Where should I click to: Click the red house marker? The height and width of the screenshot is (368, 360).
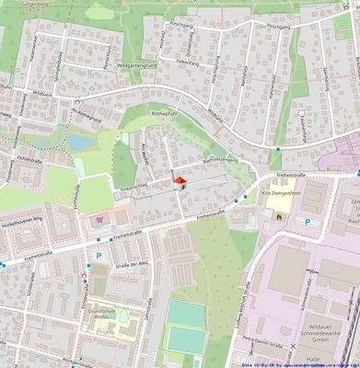pyautogui.click(x=180, y=183)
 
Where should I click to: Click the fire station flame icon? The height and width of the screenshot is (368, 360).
pyautogui.click(x=279, y=216)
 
